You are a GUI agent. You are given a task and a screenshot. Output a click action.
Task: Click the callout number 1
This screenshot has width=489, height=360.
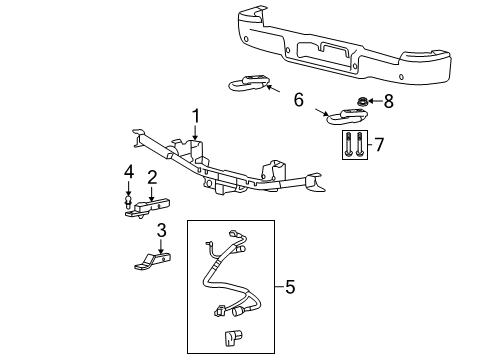pyautogui.click(x=196, y=115)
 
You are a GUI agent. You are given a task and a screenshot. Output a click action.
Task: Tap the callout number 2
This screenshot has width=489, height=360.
pyautogui.click(x=152, y=177)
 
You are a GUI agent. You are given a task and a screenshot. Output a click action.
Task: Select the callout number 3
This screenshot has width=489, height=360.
pyautogui.click(x=160, y=231)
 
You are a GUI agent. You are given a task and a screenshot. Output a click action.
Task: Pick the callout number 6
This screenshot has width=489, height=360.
pyautogui.click(x=297, y=100)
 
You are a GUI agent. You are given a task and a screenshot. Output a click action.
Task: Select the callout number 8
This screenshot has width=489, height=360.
pyautogui.click(x=388, y=100)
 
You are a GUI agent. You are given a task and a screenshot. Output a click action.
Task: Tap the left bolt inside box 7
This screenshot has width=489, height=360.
pyautogui.click(x=345, y=144)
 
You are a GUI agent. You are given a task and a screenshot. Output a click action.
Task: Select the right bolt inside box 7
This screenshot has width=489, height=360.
pyautogui.click(x=358, y=144)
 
